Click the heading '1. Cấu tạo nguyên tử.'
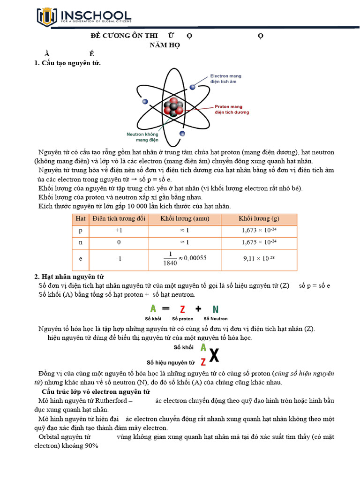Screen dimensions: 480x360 point(67,63)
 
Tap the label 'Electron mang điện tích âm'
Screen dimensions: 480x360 point(226,78)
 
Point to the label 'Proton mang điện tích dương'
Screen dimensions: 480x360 point(232,109)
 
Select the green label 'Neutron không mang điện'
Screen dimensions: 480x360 point(143,136)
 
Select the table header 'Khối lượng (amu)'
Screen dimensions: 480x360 point(185,219)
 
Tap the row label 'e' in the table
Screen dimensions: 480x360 point(80,258)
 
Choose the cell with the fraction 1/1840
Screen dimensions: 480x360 point(185,258)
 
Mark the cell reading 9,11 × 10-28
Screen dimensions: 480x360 point(259,258)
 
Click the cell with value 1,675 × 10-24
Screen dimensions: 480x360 point(259,242)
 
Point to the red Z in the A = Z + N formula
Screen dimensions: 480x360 point(182,309)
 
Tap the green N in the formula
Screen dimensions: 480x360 point(215,309)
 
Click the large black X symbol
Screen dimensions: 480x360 point(214,356)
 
